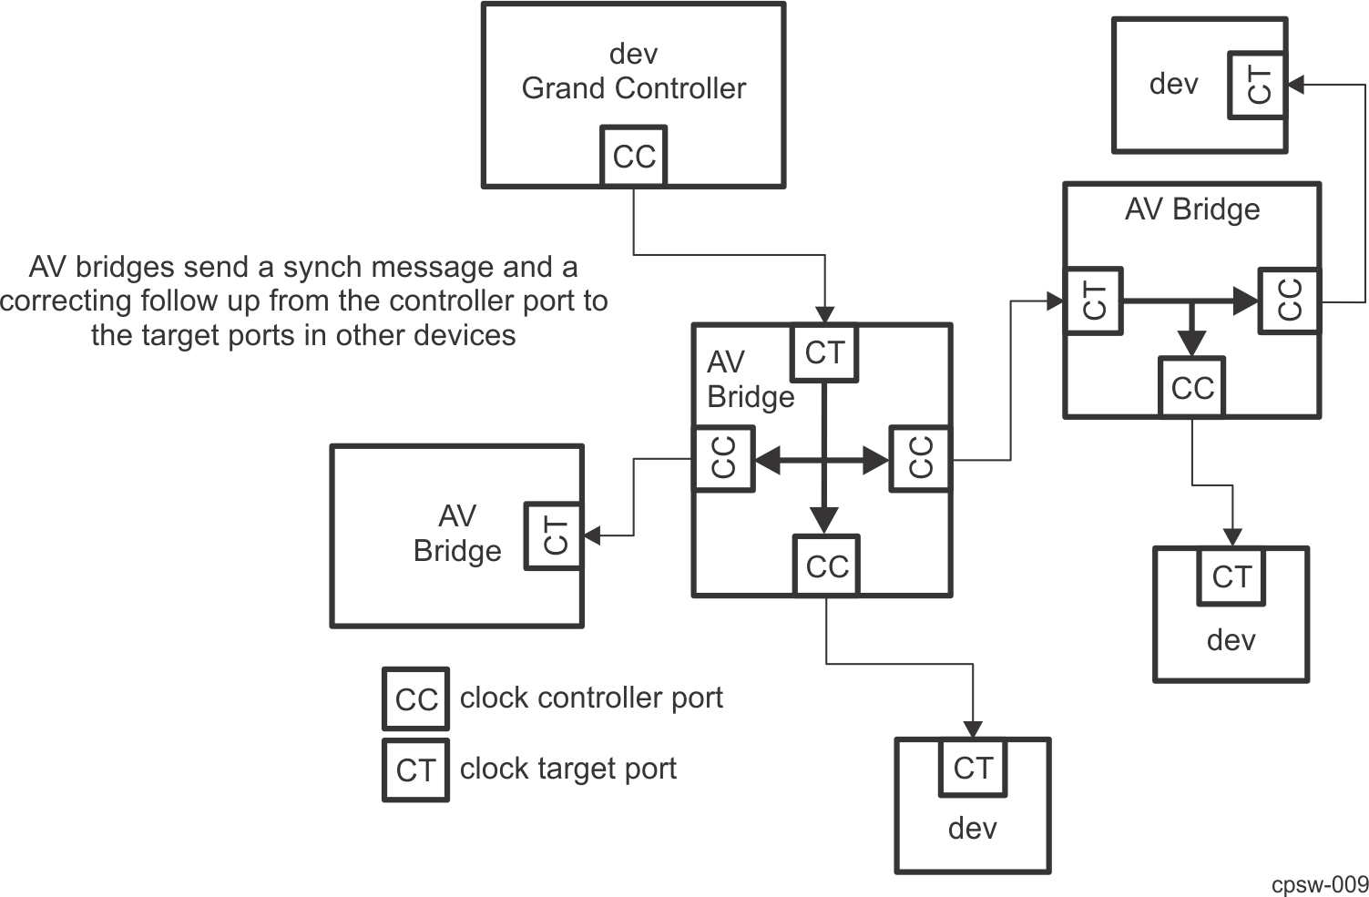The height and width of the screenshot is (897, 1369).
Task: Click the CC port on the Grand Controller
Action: point(634,157)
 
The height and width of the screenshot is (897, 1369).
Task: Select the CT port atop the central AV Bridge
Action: point(824,352)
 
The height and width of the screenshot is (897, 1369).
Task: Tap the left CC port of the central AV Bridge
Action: point(723,458)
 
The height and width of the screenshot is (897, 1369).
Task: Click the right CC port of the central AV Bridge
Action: point(921,458)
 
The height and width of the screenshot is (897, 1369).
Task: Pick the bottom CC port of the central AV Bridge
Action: point(826,566)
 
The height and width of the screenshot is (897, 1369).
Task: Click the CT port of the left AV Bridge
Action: point(554,535)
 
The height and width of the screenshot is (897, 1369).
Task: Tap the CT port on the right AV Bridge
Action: point(1093,301)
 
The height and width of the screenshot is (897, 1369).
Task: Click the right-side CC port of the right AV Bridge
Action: point(1289,301)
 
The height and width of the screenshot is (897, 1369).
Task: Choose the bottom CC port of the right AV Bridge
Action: point(1192,388)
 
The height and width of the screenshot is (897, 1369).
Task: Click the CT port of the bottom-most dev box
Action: point(973,768)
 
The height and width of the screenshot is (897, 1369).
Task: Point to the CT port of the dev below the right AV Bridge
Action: point(1231,576)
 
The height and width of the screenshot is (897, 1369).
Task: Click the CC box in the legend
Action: point(416,699)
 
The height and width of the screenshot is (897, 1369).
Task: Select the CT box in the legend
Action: point(416,770)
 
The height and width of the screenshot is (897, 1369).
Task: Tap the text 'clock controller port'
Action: point(591,698)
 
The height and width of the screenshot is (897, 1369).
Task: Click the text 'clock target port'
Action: point(567,769)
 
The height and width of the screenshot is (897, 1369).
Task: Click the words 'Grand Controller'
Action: point(633,88)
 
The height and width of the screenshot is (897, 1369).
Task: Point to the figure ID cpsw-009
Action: point(1320,883)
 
